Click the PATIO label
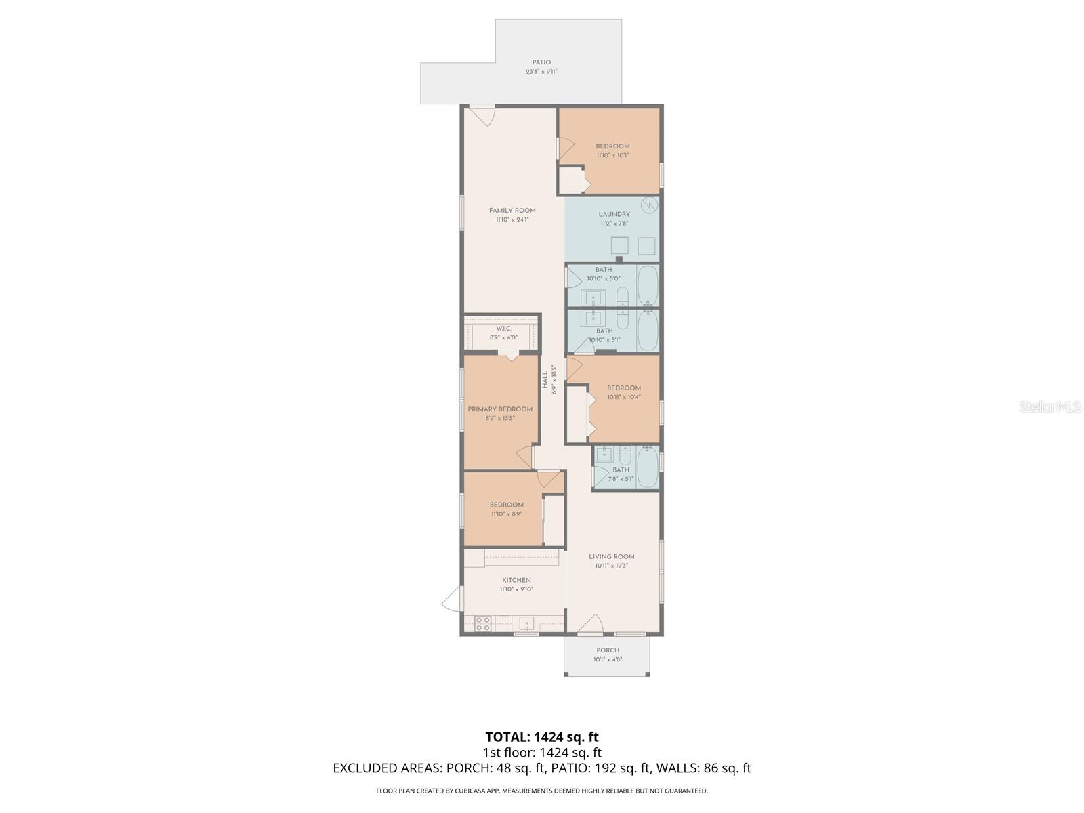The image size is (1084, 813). click(x=541, y=62)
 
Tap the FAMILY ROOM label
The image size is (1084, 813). click(x=512, y=211)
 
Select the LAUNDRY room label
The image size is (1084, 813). click(x=614, y=215)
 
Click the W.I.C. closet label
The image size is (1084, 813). click(x=503, y=329)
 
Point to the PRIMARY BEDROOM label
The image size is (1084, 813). click(x=500, y=409)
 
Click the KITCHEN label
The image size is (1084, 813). click(x=516, y=580)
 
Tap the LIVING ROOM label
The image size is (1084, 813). click(x=611, y=557)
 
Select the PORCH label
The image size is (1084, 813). click(x=607, y=650)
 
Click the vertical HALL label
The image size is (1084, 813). click(x=545, y=379)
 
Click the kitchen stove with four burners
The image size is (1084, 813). click(x=482, y=624)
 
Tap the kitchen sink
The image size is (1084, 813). click(x=526, y=623)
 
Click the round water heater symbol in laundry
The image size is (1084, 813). click(x=648, y=204)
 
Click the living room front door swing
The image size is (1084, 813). click(x=591, y=625)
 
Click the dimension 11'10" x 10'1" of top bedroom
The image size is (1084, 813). click(x=612, y=155)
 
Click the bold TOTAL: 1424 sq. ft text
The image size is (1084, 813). click(x=541, y=736)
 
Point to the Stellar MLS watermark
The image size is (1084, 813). click(x=1050, y=406)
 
